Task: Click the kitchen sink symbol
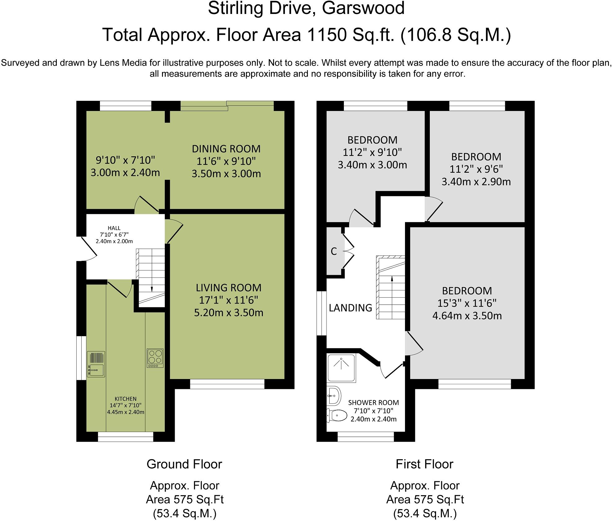(x=96, y=364)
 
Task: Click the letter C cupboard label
(x=334, y=251)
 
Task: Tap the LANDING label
(x=350, y=308)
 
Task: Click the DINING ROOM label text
(x=226, y=149)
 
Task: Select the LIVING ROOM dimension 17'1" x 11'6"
(x=228, y=300)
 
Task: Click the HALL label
(x=114, y=228)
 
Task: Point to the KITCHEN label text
(x=125, y=399)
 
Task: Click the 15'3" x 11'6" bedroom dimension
(x=467, y=303)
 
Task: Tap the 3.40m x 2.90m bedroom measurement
(x=476, y=181)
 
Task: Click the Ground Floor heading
(x=184, y=464)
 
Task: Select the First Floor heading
(x=424, y=464)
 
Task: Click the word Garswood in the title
(x=363, y=9)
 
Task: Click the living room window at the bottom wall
(x=227, y=385)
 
